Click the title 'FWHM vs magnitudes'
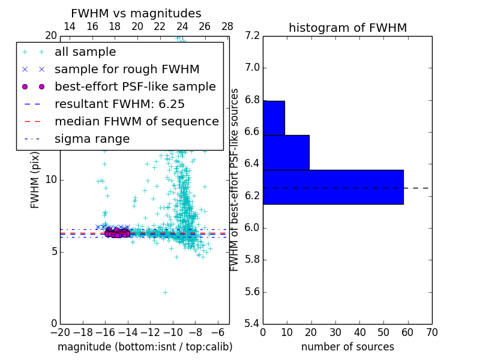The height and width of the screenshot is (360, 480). click(x=136, y=14)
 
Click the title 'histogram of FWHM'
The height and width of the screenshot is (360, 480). click(x=347, y=28)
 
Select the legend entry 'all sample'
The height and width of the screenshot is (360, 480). click(x=85, y=52)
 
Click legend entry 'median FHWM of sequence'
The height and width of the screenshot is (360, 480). click(x=137, y=121)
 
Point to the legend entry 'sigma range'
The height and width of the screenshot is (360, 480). click(x=92, y=139)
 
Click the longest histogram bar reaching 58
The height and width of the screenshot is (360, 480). click(x=333, y=187)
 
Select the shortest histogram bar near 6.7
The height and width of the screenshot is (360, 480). click(x=274, y=118)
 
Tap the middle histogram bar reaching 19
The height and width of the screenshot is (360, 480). click(x=286, y=152)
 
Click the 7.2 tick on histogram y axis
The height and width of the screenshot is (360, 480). click(x=252, y=35)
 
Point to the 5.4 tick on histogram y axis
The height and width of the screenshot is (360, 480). click(x=252, y=324)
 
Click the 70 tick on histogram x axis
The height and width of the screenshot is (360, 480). click(x=431, y=332)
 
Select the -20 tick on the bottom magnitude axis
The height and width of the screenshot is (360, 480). click(x=60, y=332)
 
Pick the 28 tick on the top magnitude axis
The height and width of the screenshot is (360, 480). click(x=227, y=26)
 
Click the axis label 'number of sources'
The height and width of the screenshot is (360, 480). click(x=347, y=347)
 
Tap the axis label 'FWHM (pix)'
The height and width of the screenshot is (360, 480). click(x=35, y=180)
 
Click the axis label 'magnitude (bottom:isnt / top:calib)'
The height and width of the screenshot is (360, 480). click(x=145, y=347)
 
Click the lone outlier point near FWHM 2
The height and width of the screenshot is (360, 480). click(x=165, y=292)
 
